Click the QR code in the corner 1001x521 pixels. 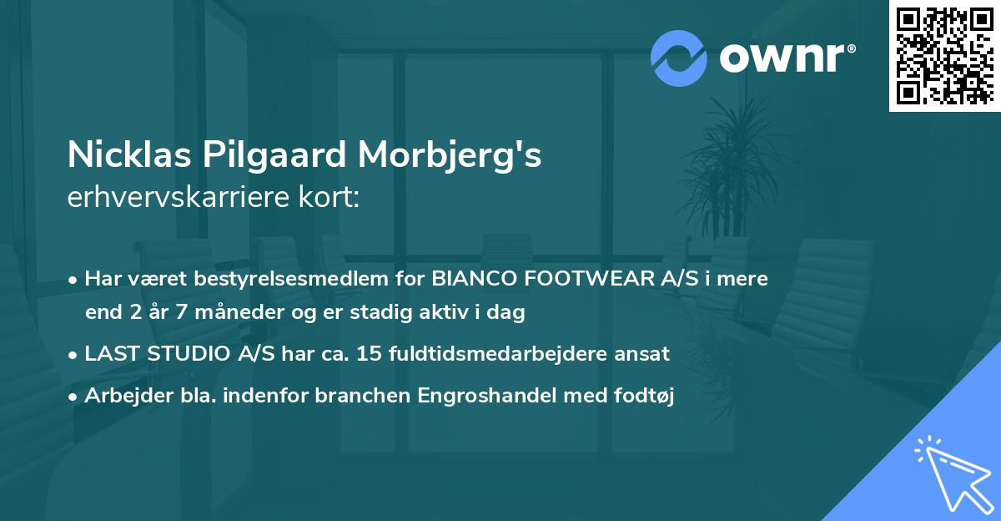(x=944, y=56)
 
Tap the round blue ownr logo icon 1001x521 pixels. (x=678, y=58)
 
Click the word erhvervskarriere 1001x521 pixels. (x=163, y=199)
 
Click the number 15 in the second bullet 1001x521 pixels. (x=367, y=354)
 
